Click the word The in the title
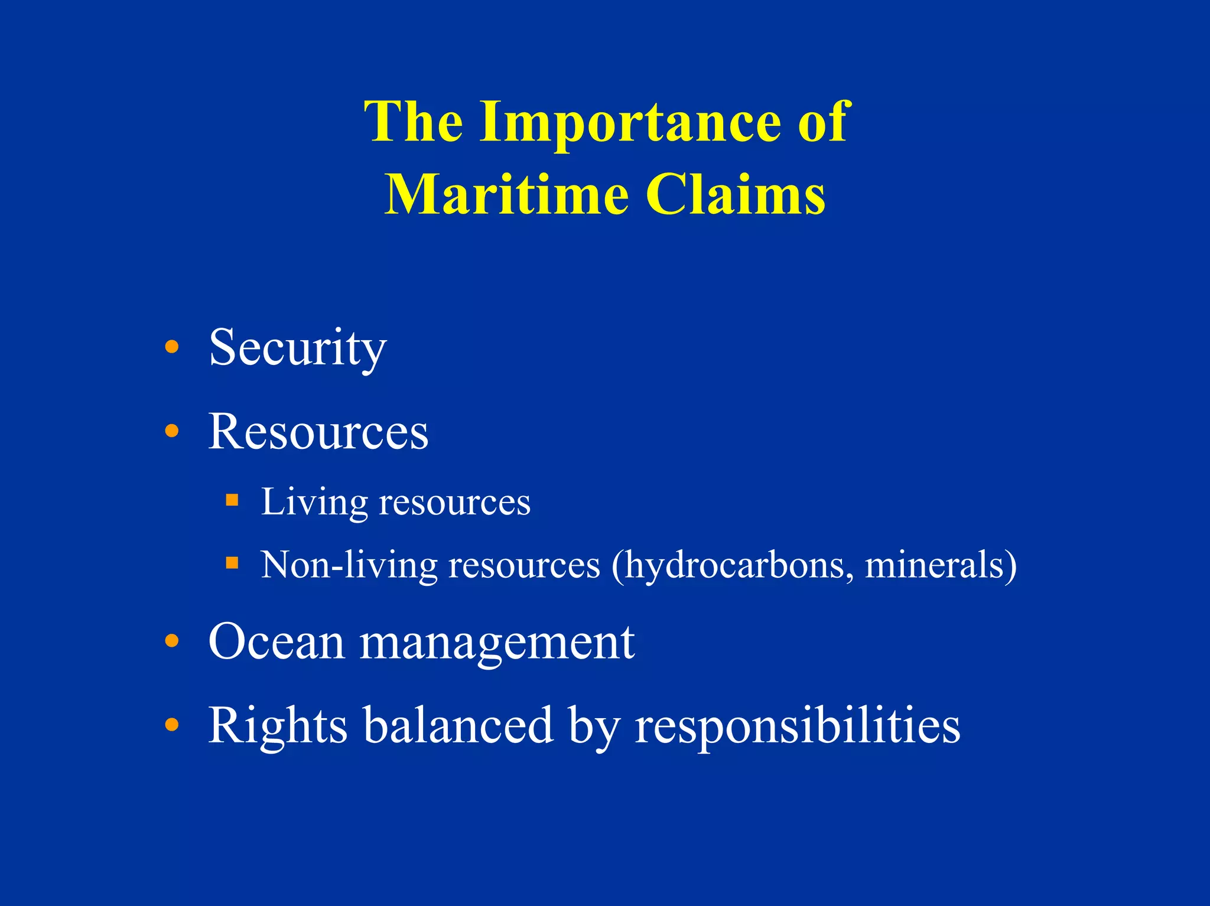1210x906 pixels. click(413, 122)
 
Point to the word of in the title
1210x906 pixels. click(824, 122)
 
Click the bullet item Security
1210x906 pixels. click(298, 348)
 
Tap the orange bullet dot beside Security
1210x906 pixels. click(171, 347)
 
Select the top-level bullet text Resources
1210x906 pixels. click(318, 432)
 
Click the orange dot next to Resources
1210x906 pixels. click(171, 431)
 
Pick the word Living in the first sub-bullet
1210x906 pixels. click(314, 503)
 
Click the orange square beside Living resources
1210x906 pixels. click(232, 501)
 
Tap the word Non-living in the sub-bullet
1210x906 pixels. click(349, 565)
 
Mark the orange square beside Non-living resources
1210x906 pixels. click(232, 563)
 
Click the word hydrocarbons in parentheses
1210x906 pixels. click(733, 565)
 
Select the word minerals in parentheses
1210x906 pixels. click(939, 565)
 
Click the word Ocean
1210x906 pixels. click(277, 642)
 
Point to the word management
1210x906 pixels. click(497, 644)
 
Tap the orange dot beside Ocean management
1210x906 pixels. click(171, 640)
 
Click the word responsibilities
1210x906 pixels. click(797, 726)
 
